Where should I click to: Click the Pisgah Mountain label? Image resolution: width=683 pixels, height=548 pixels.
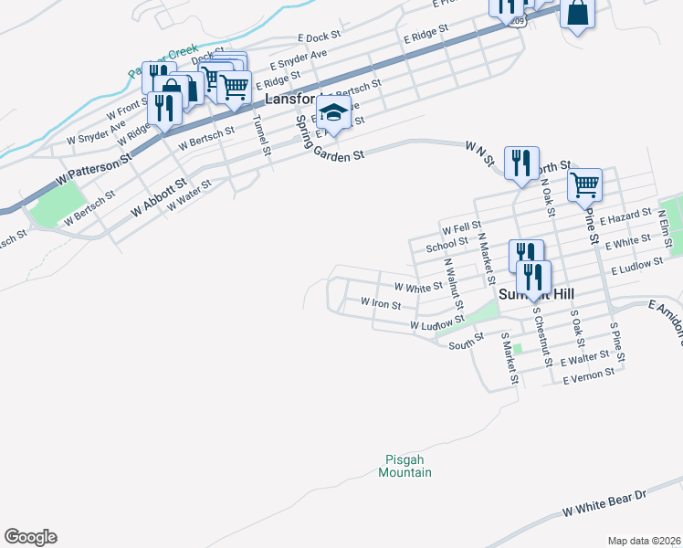(405, 466)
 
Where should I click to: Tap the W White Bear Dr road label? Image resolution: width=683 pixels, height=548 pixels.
(604, 500)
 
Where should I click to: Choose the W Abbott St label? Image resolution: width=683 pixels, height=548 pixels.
(159, 196)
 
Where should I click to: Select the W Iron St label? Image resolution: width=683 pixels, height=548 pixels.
(381, 302)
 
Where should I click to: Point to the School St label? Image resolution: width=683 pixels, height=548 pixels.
(447, 246)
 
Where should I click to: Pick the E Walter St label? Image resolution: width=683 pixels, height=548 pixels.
(585, 357)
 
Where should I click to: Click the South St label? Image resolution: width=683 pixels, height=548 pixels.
(465, 343)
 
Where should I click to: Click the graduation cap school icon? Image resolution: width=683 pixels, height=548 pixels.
(333, 112)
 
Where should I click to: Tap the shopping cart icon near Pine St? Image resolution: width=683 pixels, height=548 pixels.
(584, 184)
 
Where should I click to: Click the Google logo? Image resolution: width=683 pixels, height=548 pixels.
(30, 537)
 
